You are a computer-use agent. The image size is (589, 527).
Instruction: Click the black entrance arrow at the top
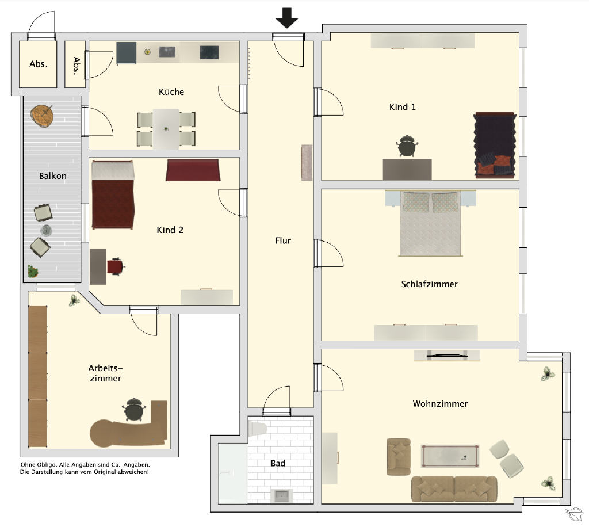tap(286, 18)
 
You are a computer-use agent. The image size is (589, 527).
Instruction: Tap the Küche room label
tap(171, 91)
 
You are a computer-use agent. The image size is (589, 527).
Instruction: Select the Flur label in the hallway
tap(283, 240)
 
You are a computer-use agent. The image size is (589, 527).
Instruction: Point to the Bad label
tap(278, 463)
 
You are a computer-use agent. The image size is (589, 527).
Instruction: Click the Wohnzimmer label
tap(440, 403)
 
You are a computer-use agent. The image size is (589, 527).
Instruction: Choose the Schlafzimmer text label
tap(429, 284)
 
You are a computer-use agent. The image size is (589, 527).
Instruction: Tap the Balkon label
tap(52, 176)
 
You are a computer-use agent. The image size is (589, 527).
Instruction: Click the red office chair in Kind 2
tap(116, 267)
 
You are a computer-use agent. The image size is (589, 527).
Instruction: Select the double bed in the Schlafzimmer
tap(430, 223)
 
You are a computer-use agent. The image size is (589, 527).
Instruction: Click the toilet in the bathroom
tap(258, 428)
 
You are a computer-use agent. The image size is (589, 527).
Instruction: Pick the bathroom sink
tap(281, 496)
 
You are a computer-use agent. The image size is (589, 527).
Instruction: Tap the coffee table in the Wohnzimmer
tap(450, 456)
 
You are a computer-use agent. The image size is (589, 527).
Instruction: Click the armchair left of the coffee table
tap(399, 457)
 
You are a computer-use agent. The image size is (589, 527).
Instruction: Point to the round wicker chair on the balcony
tap(41, 116)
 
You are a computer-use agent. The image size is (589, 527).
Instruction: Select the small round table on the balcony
tap(46, 230)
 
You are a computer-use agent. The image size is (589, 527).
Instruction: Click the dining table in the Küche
tap(166, 128)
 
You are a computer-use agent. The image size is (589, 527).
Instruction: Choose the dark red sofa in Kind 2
tap(193, 170)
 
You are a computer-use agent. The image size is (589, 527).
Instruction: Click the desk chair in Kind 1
tap(407, 146)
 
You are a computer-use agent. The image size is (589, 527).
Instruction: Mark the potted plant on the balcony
tap(33, 271)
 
